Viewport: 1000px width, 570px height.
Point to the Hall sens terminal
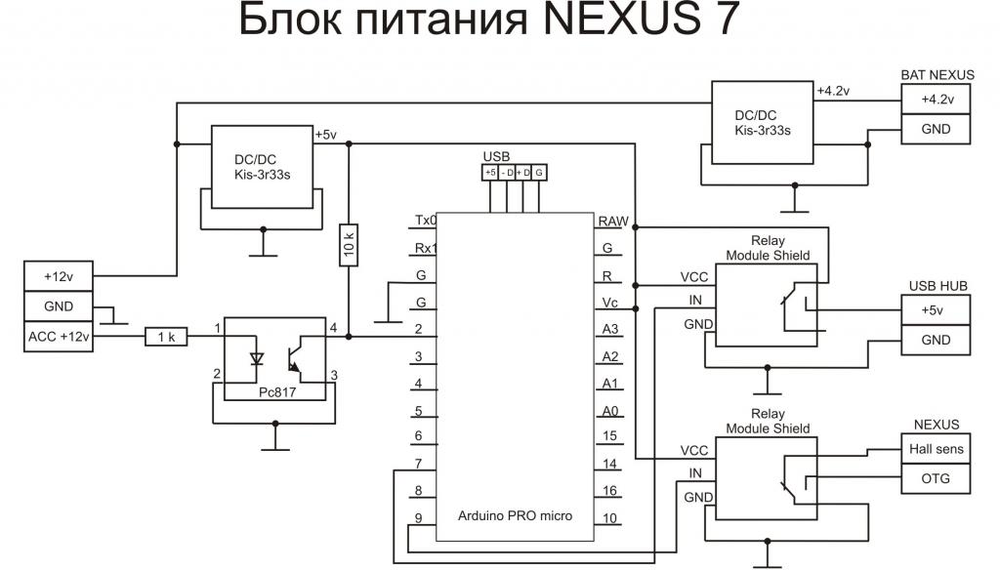(937, 450)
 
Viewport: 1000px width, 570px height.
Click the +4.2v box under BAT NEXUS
(937, 100)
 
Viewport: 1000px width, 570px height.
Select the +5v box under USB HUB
(937, 310)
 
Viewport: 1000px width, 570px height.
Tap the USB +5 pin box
(490, 173)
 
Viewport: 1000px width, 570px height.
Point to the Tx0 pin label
(425, 221)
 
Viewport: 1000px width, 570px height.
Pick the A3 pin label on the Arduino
(610, 329)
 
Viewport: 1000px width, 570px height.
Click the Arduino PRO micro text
(516, 514)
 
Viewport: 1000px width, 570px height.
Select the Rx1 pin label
(425, 248)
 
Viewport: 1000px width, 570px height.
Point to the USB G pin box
(540, 173)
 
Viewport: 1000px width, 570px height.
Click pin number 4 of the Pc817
(333, 327)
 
